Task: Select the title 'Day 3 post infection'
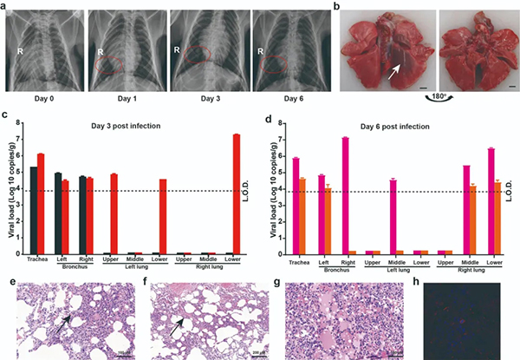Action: (x=140, y=126)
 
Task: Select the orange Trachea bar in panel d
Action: (x=302, y=215)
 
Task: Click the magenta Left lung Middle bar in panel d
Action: (x=393, y=216)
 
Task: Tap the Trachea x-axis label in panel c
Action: (x=36, y=259)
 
